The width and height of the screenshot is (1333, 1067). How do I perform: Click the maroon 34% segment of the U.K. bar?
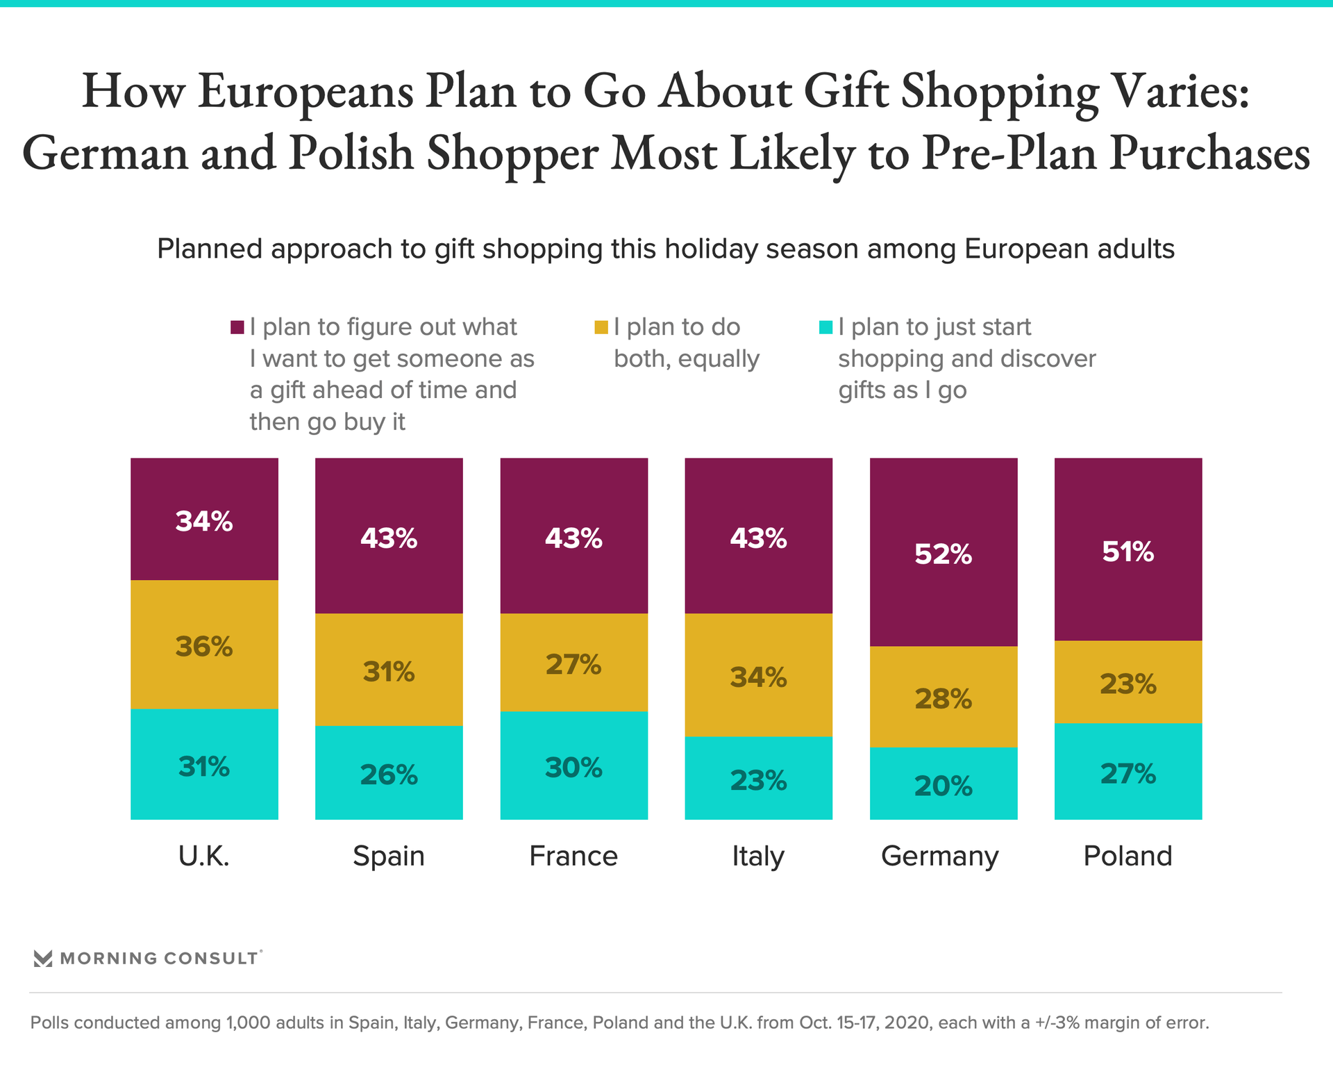pos(204,519)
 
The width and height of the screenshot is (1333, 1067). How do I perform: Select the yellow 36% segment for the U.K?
pos(204,644)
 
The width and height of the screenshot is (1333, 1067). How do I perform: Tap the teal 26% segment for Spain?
pos(389,772)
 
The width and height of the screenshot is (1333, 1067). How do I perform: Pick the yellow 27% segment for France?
pos(573,662)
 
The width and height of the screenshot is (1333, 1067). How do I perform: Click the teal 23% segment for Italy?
pos(758,778)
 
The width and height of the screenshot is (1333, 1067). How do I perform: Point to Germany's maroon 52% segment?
pos(943,552)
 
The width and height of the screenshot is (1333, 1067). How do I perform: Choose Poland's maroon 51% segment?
pos(1127,549)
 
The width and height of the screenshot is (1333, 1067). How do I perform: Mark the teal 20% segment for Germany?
pos(943,784)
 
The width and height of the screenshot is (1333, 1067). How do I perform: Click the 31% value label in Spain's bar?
pos(389,672)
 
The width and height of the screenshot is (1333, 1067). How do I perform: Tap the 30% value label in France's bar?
pos(573,768)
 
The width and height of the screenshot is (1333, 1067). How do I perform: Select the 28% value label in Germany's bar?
pos(943,698)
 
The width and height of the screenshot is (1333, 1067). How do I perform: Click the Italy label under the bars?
pos(758,856)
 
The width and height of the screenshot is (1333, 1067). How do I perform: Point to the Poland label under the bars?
pos(1127,856)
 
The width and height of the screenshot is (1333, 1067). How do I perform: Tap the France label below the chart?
pos(573,856)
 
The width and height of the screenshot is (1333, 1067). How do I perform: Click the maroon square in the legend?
pos(237,327)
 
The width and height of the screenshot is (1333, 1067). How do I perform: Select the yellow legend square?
pos(601,327)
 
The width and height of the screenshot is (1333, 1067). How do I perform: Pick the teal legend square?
pos(825,327)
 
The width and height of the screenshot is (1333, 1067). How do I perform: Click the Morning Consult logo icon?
pos(43,959)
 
